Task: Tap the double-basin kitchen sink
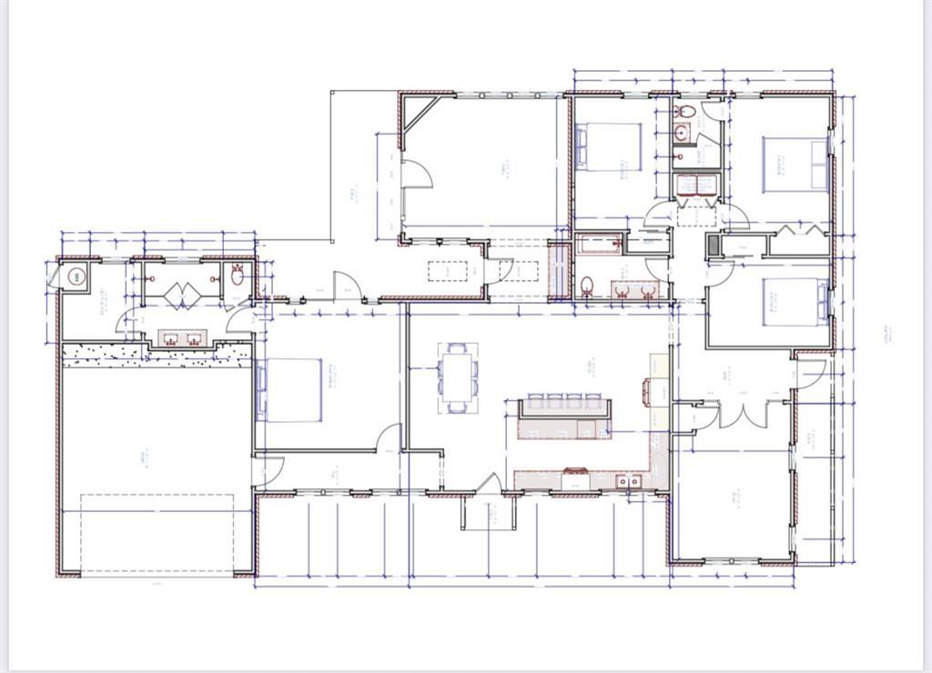(628, 480)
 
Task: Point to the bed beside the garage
(291, 389)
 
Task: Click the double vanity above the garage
(182, 337)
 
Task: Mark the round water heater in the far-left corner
(76, 276)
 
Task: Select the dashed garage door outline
(157, 535)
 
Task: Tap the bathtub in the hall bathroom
(599, 244)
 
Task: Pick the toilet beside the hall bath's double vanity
(587, 286)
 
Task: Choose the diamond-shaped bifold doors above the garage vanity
(181, 295)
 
